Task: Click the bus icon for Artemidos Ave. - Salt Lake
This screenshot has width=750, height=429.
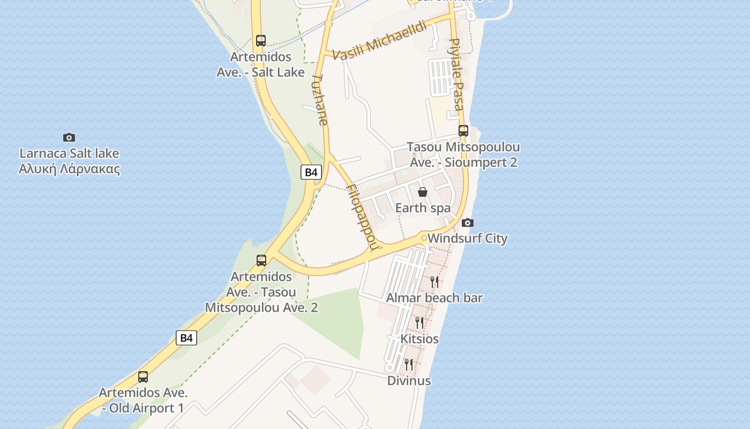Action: pos(261,41)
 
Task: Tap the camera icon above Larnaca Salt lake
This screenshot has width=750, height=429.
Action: pos(69,137)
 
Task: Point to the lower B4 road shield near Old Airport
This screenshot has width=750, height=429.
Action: pos(186,338)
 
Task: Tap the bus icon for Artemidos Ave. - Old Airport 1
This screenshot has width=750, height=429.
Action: pos(143,376)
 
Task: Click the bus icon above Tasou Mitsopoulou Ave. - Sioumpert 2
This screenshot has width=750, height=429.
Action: pos(463,130)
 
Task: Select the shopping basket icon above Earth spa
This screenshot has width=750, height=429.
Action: pos(423,192)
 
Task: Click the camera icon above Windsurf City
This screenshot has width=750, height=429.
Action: pos(468,223)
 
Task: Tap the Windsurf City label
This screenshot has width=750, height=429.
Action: pos(468,238)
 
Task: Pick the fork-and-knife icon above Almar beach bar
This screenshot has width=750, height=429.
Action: pos(434,282)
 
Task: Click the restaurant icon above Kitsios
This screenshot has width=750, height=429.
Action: pos(419,322)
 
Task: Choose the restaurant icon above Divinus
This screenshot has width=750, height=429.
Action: pos(409,365)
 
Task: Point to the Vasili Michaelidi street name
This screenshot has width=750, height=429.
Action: pos(379,40)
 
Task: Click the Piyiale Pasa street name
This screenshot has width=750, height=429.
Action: pos(456,74)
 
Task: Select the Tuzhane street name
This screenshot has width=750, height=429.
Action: pos(319,99)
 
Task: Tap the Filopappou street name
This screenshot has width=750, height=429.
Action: pos(363,217)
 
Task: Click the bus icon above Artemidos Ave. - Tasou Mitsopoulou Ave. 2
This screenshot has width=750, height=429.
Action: pos(261,261)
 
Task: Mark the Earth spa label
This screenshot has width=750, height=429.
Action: pos(423,208)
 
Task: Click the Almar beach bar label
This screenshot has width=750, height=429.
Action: pos(434,298)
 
